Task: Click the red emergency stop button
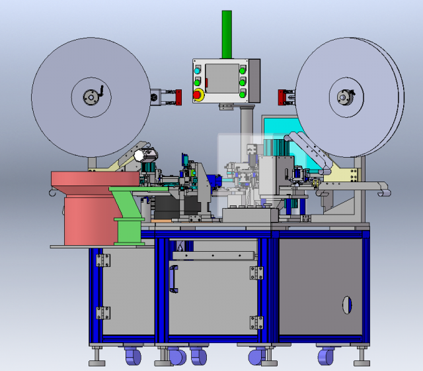click(198, 95)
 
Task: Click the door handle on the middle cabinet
click(173, 278)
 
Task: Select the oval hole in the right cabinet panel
click(344, 304)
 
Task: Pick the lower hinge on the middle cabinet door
click(256, 323)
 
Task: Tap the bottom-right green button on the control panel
click(243, 94)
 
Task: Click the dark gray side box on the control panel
click(253, 81)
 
